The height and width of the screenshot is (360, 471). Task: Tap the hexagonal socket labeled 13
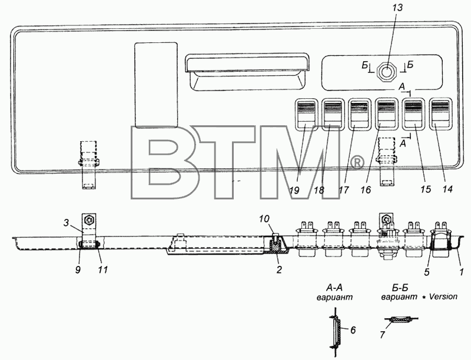coord(387,71)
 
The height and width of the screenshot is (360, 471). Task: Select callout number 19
coord(294,190)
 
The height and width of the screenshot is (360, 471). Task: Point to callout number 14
coord(447,189)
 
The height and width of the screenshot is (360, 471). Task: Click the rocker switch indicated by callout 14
coord(440,114)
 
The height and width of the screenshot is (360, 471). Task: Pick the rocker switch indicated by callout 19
coord(306,114)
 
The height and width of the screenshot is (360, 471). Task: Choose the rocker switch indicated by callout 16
coord(387,114)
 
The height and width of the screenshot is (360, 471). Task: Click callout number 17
coord(344,190)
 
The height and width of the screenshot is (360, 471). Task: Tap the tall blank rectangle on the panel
coord(156,85)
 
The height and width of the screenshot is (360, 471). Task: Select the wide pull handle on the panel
coord(247,72)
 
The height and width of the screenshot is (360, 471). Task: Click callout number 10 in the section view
coord(264,219)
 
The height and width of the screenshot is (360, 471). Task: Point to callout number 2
coord(279,269)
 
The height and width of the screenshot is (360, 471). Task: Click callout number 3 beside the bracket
coord(66,222)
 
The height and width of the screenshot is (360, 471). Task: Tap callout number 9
coord(78,269)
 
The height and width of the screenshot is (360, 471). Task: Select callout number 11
coord(102,269)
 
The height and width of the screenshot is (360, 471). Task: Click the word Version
coord(443,296)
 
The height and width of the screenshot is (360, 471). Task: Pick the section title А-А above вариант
coord(334,288)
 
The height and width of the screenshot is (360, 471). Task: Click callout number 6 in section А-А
coord(353,330)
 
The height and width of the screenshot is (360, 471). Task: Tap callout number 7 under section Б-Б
coord(382,335)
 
